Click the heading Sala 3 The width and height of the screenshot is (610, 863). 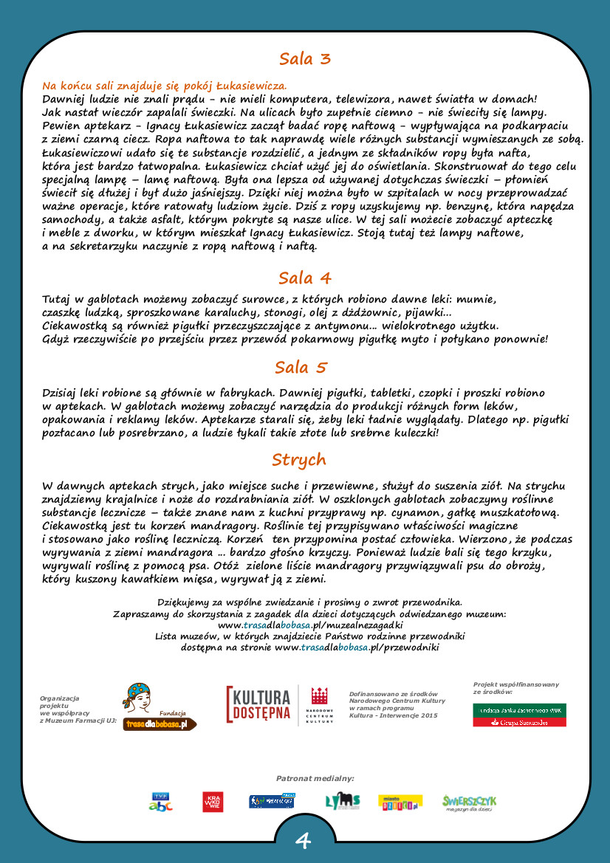click(304, 59)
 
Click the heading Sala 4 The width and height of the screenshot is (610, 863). click(304, 278)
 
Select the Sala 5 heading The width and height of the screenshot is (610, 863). click(301, 368)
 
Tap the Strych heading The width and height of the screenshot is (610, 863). click(299, 460)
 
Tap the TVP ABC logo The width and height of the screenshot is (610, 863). click(161, 802)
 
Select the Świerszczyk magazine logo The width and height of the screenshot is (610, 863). click(469, 802)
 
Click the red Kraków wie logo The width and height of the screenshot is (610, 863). click(213, 802)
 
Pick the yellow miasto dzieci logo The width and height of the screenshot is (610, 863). click(400, 802)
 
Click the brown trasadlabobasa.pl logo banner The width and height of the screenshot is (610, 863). click(160, 724)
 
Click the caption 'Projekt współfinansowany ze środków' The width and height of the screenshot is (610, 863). click(515, 688)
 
